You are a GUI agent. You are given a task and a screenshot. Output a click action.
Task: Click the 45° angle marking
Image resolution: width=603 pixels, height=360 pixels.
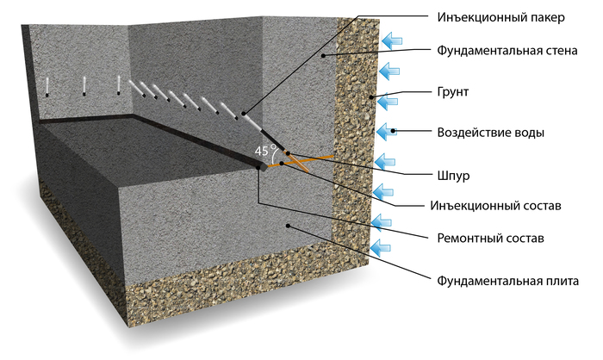(x=264, y=152)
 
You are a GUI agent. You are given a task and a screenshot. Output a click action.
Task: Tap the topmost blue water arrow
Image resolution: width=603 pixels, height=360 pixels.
(x=394, y=39)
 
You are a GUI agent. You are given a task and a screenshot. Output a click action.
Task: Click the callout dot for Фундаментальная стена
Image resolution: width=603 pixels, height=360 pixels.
(x=325, y=56)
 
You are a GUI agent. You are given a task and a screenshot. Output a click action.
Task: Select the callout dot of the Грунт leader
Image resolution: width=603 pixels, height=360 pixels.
(x=372, y=97)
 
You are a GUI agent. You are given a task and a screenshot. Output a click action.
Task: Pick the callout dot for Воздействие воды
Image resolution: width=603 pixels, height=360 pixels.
(x=393, y=132)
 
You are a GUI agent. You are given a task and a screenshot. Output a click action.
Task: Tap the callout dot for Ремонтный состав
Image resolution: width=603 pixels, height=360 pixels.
(x=261, y=168)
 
